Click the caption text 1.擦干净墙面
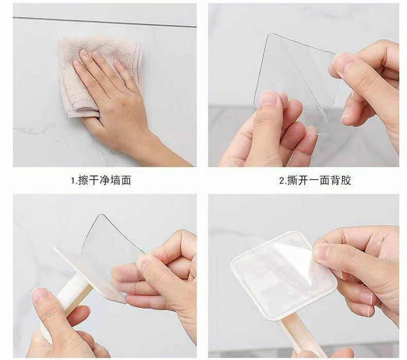101,180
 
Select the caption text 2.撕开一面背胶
315,180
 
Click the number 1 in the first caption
73,181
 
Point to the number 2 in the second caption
282,181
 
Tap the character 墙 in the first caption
115,180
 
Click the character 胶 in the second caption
346,180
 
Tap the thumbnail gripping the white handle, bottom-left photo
40,296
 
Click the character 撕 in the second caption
292,180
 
